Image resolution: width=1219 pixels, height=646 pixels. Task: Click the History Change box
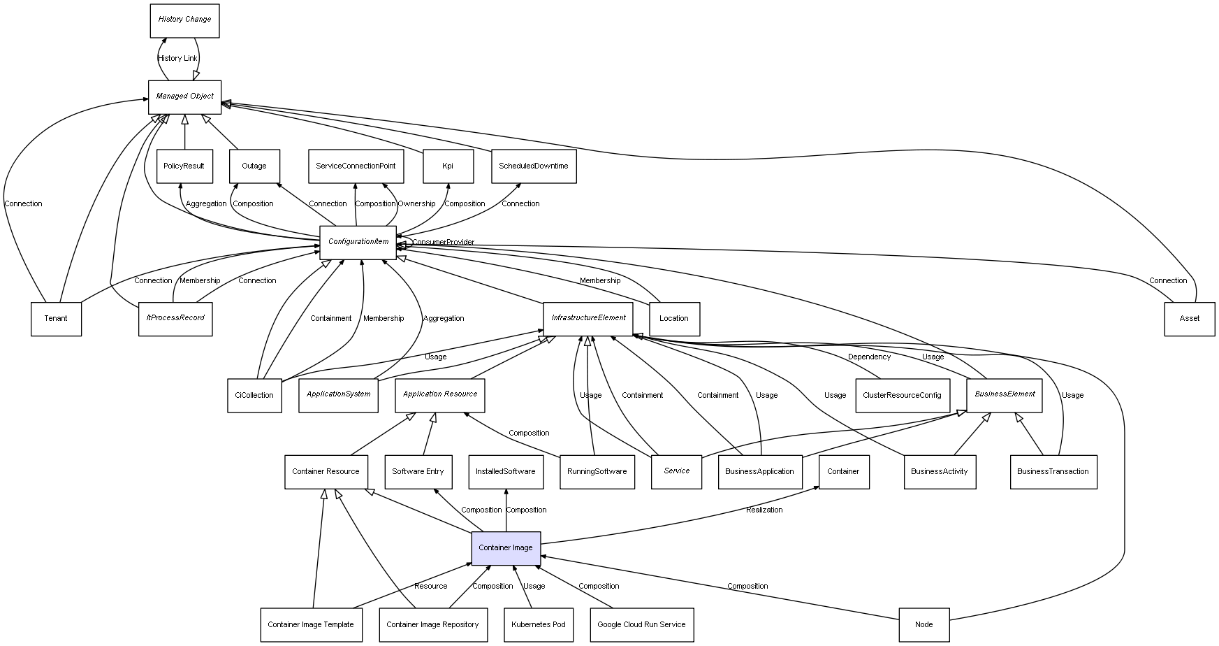click(x=184, y=20)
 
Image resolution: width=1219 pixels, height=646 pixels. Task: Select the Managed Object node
click(x=184, y=96)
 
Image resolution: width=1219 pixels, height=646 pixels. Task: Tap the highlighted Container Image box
click(x=506, y=548)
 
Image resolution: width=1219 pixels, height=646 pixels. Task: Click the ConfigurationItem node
click(x=358, y=242)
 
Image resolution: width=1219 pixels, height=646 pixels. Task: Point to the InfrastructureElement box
click(x=588, y=318)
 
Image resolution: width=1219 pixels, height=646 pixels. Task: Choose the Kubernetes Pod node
click(x=538, y=625)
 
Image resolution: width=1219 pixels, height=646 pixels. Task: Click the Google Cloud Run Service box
click(x=641, y=625)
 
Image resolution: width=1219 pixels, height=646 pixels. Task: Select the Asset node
click(x=1189, y=319)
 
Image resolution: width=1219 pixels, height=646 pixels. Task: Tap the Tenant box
click(x=56, y=319)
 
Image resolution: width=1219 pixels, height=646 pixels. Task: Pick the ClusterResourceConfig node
click(x=902, y=395)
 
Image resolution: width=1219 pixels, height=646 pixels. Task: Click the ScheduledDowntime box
click(x=533, y=166)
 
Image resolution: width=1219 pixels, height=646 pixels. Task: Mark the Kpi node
click(x=448, y=166)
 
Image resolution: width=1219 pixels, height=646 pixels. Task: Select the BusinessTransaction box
click(x=1053, y=472)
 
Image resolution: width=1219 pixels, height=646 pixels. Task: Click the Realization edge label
click(x=764, y=510)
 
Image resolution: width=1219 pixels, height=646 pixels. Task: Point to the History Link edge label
click(x=177, y=59)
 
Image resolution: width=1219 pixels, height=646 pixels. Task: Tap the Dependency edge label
click(x=869, y=357)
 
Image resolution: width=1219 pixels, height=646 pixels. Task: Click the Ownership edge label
click(x=416, y=204)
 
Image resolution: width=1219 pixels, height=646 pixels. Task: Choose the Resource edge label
click(x=430, y=587)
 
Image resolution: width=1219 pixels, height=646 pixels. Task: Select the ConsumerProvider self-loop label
click(x=443, y=243)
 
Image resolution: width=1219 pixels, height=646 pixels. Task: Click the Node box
click(x=924, y=625)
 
